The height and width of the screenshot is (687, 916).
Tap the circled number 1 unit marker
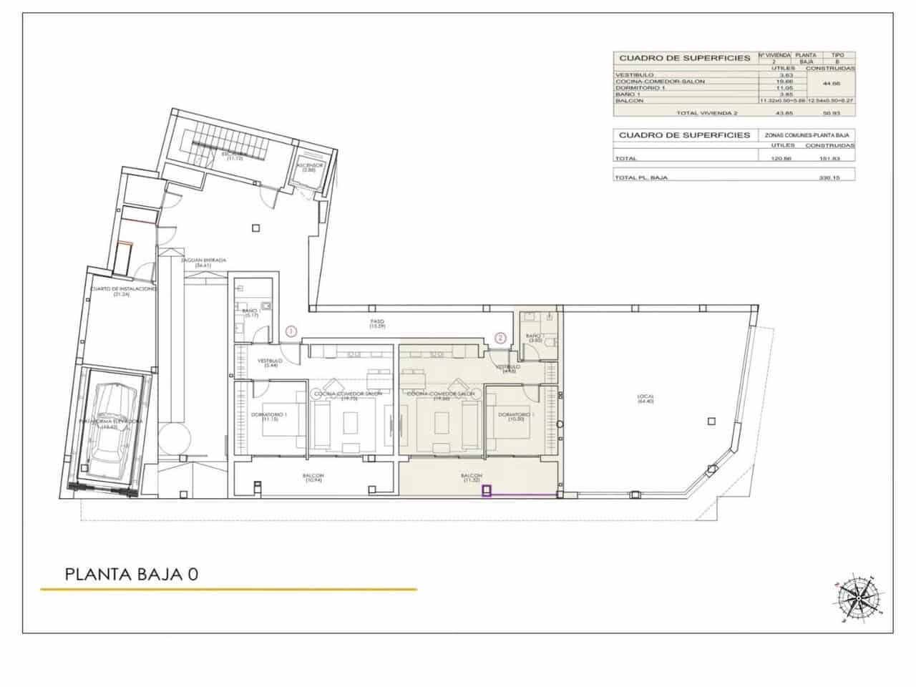(x=291, y=331)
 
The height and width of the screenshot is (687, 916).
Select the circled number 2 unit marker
(x=501, y=338)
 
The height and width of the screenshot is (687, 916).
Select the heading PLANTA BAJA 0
(x=131, y=574)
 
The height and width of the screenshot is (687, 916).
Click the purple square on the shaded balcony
(x=487, y=491)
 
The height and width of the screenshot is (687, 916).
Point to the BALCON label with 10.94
(x=313, y=478)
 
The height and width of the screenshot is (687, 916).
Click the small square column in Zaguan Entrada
(x=255, y=228)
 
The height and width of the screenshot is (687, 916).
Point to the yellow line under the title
(x=228, y=589)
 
